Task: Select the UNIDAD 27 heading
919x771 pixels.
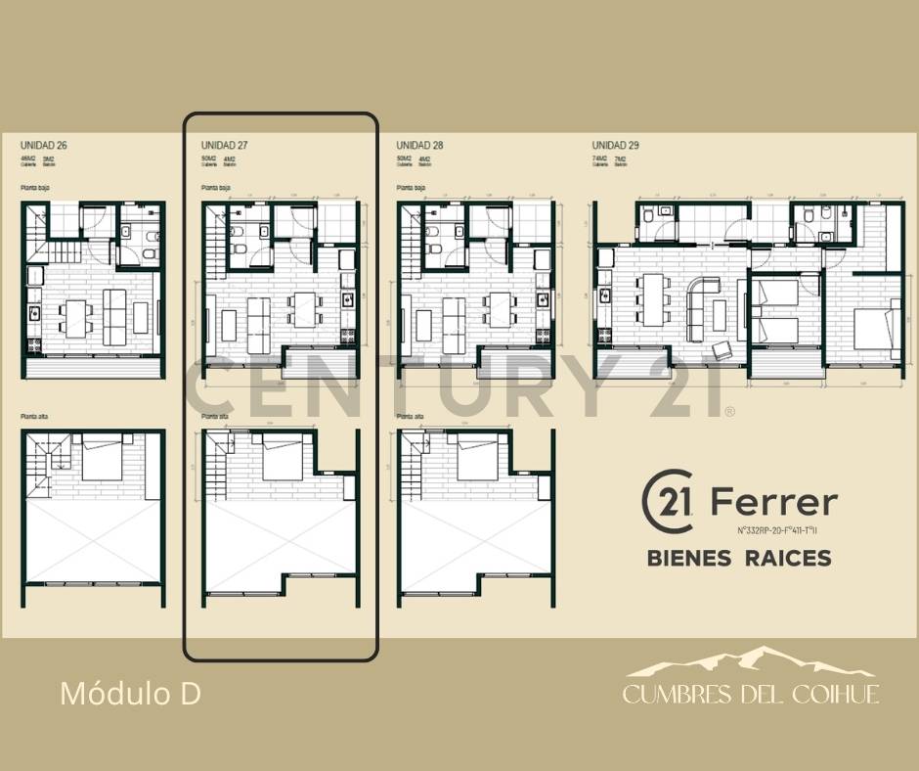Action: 224,146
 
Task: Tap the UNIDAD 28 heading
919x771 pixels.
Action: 420,146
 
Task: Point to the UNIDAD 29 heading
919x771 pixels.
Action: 616,146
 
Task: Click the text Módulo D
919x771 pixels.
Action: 130,694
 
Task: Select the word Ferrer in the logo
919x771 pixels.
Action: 773,503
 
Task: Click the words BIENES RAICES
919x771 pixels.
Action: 739,558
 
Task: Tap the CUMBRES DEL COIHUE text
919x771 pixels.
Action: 751,695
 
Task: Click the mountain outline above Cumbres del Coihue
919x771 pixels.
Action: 751,663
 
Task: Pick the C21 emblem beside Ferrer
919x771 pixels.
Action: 669,503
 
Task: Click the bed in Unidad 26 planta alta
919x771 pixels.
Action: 102,458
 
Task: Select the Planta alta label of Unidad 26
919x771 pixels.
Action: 35,417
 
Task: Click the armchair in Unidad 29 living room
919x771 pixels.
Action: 723,349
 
